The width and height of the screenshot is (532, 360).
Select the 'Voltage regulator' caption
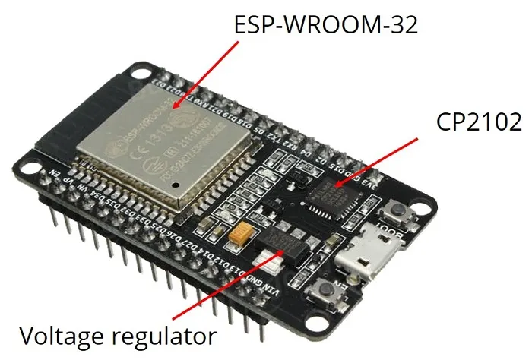click(x=117, y=336)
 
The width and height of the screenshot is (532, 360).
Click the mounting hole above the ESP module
click(x=142, y=74)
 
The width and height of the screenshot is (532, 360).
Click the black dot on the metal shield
click(x=175, y=184)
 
